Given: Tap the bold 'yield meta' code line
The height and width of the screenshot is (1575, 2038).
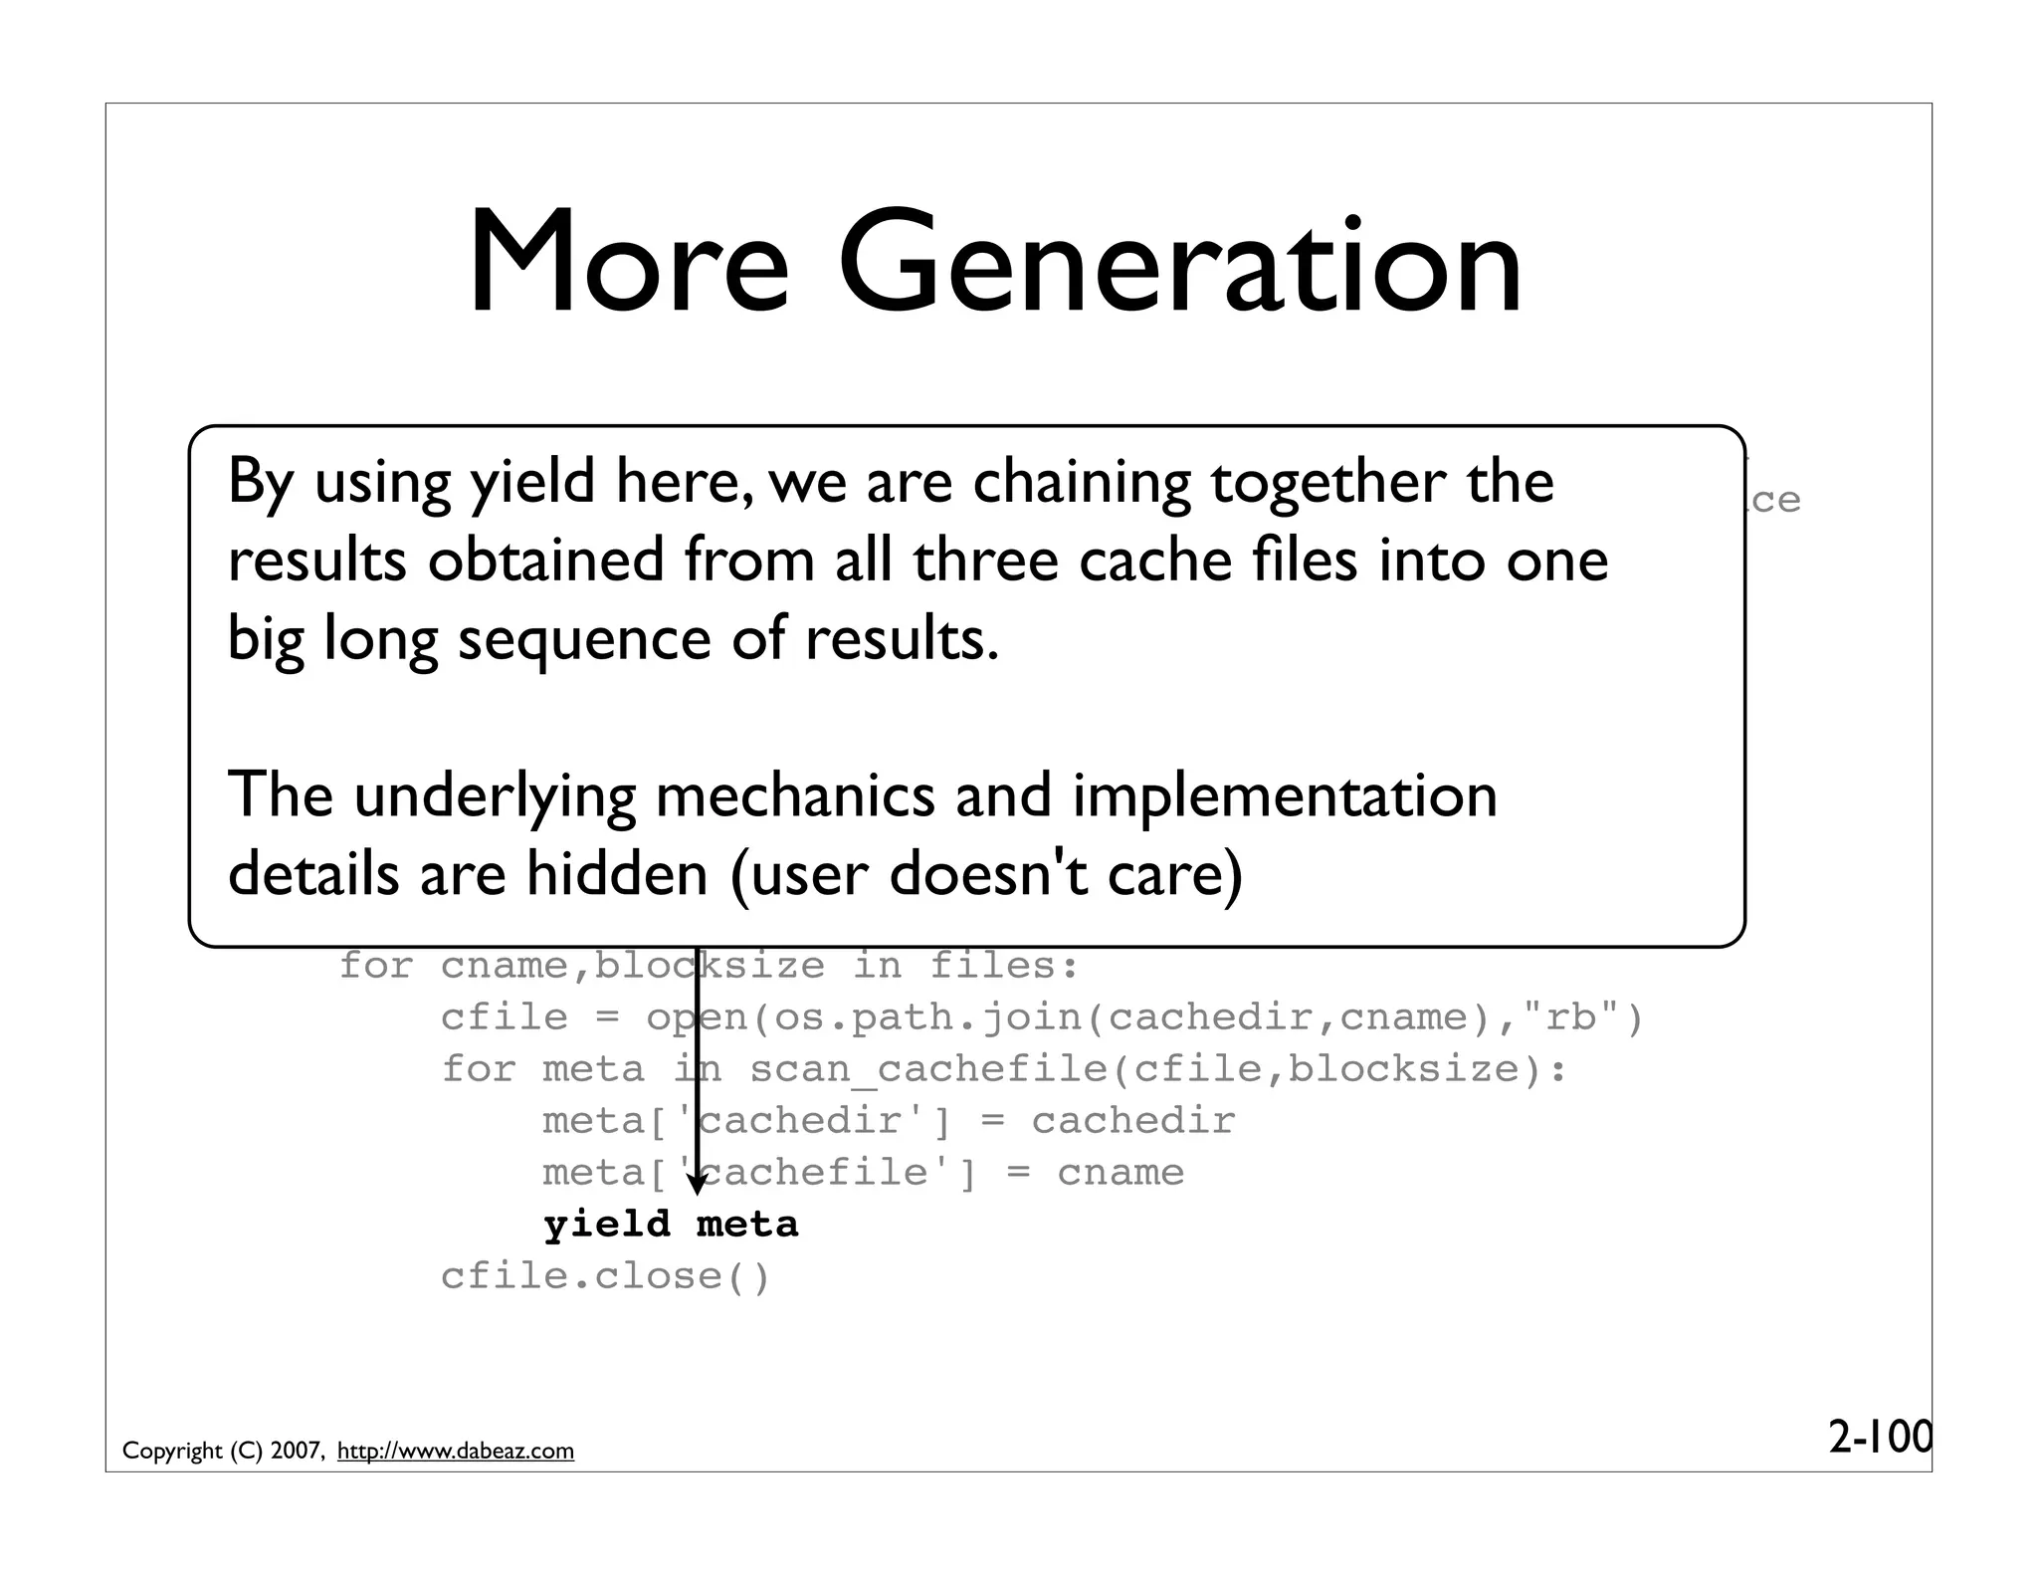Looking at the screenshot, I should coord(671,1225).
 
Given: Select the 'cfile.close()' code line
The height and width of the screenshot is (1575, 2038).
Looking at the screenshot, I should coord(605,1276).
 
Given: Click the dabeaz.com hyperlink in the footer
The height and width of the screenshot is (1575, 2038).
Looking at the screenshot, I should coord(456,1451).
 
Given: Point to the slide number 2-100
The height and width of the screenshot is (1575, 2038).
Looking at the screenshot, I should coord(1879,1437).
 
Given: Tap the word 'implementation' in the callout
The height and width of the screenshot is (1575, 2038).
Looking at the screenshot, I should coord(1284,795).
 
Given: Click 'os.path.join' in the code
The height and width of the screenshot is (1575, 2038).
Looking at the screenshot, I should coord(928,1017).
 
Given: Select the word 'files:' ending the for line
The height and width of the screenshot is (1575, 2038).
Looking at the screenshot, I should coord(1003,966).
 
